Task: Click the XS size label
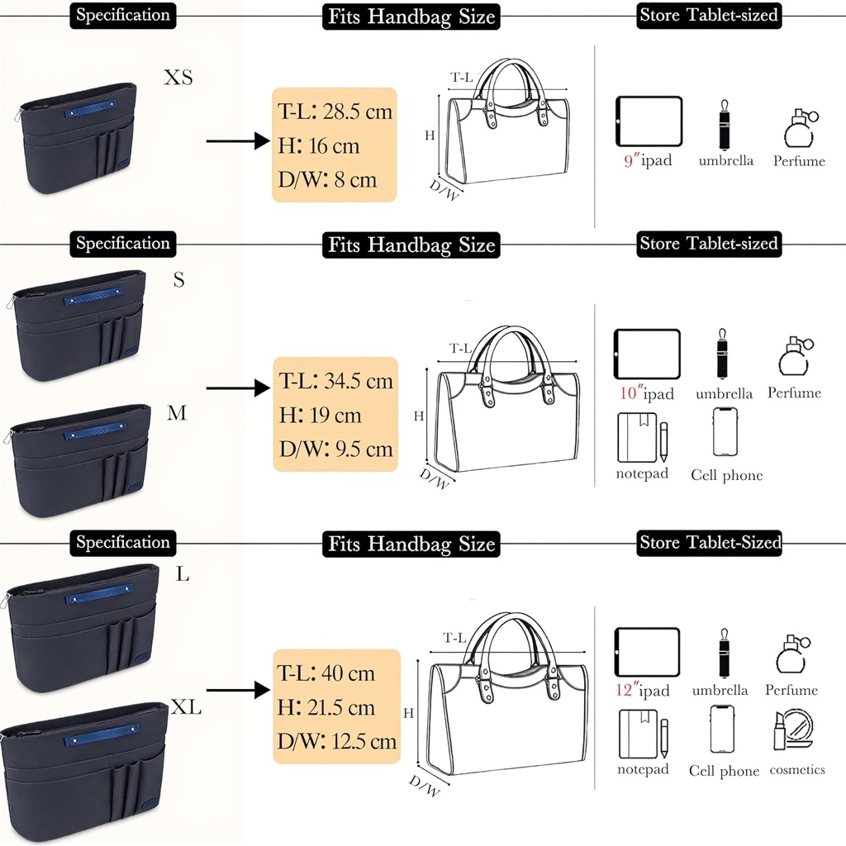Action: (178, 78)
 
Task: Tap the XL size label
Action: (186, 707)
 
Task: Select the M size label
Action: (177, 413)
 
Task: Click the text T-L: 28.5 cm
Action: (335, 111)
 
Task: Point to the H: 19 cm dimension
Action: (321, 416)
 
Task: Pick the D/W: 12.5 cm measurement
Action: (337, 741)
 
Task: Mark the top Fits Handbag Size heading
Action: (411, 16)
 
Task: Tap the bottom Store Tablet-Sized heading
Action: (710, 543)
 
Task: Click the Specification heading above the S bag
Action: (122, 244)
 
